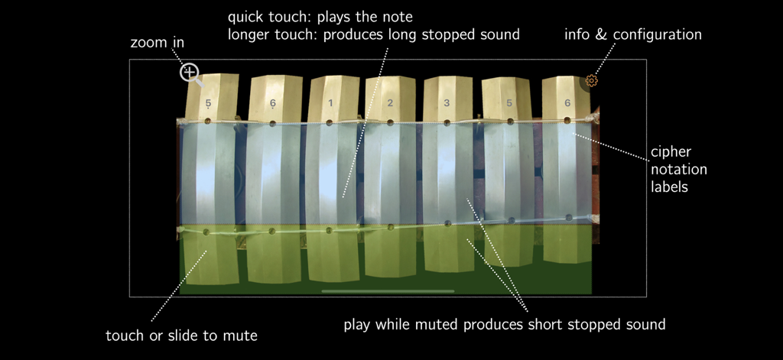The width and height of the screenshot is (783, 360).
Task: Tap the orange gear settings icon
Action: (591, 80)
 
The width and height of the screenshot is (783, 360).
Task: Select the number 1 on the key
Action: (330, 102)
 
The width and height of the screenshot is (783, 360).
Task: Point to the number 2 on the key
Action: (390, 102)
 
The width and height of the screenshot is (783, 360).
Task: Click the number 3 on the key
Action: (448, 102)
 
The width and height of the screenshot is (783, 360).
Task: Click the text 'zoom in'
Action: (158, 43)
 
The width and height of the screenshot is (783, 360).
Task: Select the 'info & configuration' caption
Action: (633, 34)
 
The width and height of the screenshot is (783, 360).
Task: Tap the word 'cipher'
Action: (671, 151)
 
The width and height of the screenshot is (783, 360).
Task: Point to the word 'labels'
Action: (668, 186)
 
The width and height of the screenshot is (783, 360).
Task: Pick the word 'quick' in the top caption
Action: (246, 17)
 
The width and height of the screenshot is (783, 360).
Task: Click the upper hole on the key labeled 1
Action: (330, 122)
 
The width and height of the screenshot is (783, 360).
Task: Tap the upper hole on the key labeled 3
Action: (448, 121)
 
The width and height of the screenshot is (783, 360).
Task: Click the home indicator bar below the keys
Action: (388, 291)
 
